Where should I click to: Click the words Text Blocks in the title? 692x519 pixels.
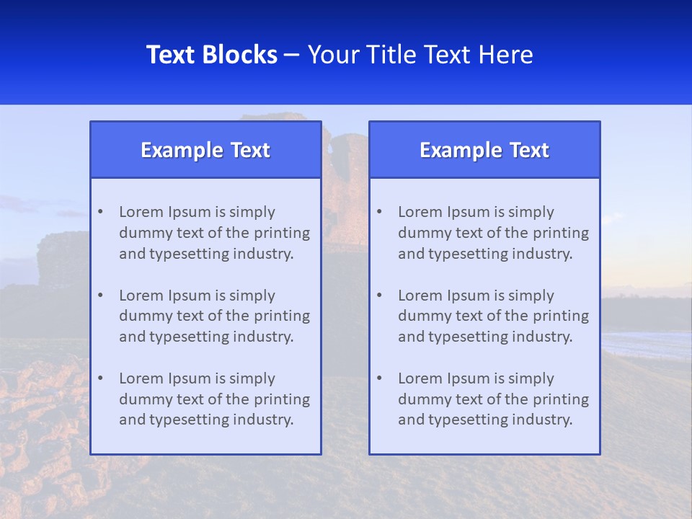point(211,55)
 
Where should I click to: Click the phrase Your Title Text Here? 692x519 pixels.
point(420,55)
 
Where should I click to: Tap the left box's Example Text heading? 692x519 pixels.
point(205,150)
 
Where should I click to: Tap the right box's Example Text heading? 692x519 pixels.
point(484,150)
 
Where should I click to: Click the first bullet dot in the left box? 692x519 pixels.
point(100,212)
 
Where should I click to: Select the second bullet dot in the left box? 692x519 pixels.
point(100,296)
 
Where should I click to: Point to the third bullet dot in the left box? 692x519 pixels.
point(100,378)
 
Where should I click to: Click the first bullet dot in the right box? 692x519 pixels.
point(379,212)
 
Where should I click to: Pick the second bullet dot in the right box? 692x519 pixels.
point(379,296)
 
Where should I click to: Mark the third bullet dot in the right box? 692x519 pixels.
point(379,378)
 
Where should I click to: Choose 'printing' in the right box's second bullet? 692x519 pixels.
point(563,316)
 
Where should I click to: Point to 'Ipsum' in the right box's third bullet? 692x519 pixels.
point(466,378)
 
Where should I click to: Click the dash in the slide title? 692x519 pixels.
point(292,55)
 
